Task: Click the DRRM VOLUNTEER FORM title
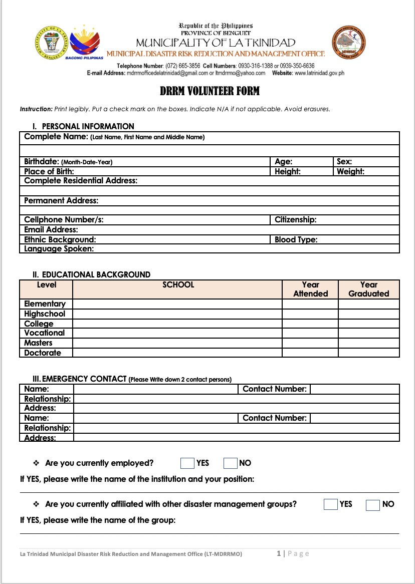coord(210,91)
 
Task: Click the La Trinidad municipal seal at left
coord(52,43)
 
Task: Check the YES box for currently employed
coord(187,463)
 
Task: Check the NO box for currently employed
coord(230,463)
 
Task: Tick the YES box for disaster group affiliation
coord(331,504)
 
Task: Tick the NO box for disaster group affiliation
coord(373,505)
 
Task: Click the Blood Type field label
coord(296,239)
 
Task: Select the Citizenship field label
coord(296,219)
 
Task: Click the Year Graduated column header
coord(368,289)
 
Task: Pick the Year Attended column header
coord(310,289)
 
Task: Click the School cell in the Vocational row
coord(177,333)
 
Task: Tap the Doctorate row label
coord(43,353)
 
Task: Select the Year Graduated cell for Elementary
coord(368,304)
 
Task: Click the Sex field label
coord(344,162)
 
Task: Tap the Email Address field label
coord(51,229)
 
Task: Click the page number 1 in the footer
coord(279,553)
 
